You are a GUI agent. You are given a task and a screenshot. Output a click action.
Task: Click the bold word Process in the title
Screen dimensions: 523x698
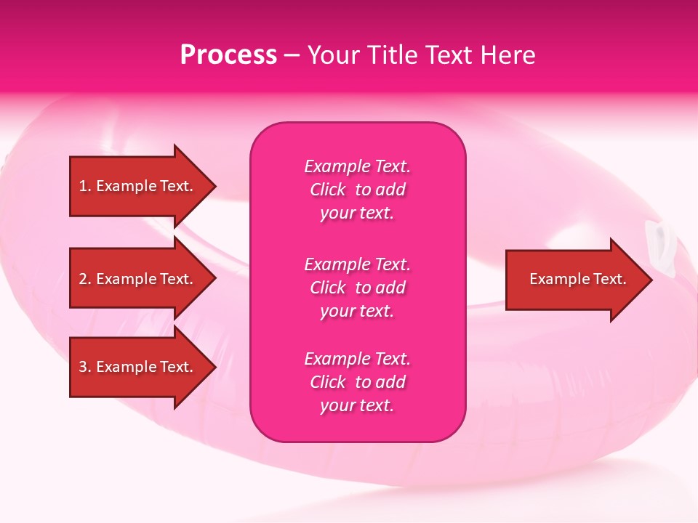point(228,55)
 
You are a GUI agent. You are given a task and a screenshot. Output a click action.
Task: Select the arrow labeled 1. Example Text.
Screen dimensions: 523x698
point(138,186)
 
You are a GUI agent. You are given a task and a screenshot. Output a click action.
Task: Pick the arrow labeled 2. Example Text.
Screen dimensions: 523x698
point(138,279)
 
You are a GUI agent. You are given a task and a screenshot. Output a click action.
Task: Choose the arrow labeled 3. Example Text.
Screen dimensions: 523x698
point(138,367)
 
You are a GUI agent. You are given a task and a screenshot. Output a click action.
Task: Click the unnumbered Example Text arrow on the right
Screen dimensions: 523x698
point(577,279)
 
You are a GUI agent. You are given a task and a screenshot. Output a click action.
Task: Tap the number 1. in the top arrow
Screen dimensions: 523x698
point(84,186)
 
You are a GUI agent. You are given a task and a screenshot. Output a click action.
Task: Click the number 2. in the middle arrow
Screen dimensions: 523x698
point(84,279)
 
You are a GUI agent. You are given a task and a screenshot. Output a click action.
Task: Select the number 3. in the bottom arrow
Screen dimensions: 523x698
point(84,367)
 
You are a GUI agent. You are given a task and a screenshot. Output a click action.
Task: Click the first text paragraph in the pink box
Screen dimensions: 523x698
point(357,190)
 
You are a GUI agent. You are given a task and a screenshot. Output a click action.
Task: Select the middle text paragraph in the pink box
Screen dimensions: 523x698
point(357,288)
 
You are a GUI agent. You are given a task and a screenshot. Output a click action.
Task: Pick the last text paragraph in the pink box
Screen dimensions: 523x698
point(357,382)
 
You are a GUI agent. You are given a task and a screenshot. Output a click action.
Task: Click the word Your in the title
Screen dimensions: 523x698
point(334,55)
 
